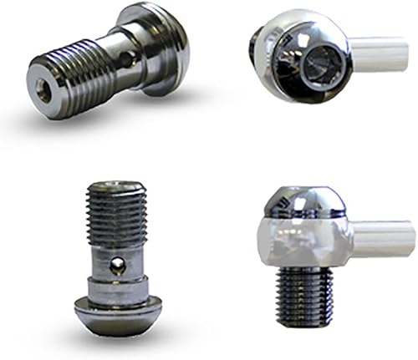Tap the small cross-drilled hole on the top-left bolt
[125, 58]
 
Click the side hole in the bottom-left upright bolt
[119, 266]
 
